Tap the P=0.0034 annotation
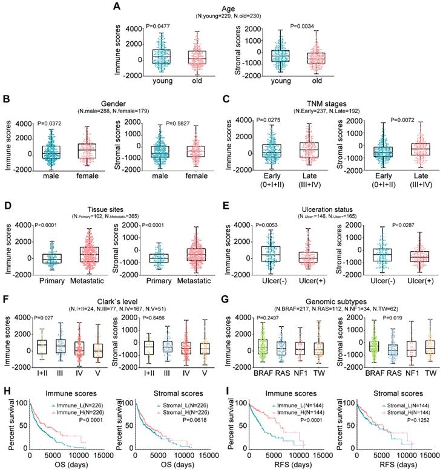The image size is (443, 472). (304, 26)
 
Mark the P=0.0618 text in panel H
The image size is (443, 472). (198, 418)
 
